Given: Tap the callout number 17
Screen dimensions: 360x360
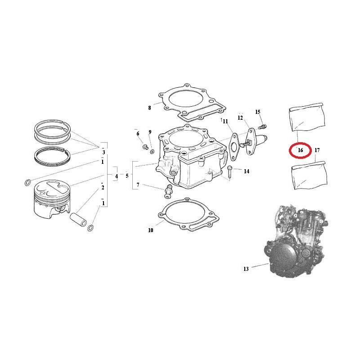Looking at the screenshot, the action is [x=317, y=150].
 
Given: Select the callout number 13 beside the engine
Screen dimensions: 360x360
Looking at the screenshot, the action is [x=246, y=269].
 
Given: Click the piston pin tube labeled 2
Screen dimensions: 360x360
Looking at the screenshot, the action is [x=78, y=220].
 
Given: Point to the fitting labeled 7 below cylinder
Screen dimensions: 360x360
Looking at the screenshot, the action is [x=168, y=191].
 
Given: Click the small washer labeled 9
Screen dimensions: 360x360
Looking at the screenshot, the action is [x=152, y=152].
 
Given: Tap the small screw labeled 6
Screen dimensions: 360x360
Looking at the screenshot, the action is [x=145, y=147].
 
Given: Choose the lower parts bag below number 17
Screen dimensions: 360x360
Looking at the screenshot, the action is [x=309, y=175].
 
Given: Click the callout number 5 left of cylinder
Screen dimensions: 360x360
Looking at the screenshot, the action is [x=127, y=176].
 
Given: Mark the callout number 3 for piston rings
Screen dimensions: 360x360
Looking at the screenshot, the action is [x=103, y=152].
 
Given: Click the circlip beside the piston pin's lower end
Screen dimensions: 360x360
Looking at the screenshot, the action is [x=91, y=228].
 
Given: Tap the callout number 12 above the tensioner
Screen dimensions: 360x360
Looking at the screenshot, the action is [x=240, y=118].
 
